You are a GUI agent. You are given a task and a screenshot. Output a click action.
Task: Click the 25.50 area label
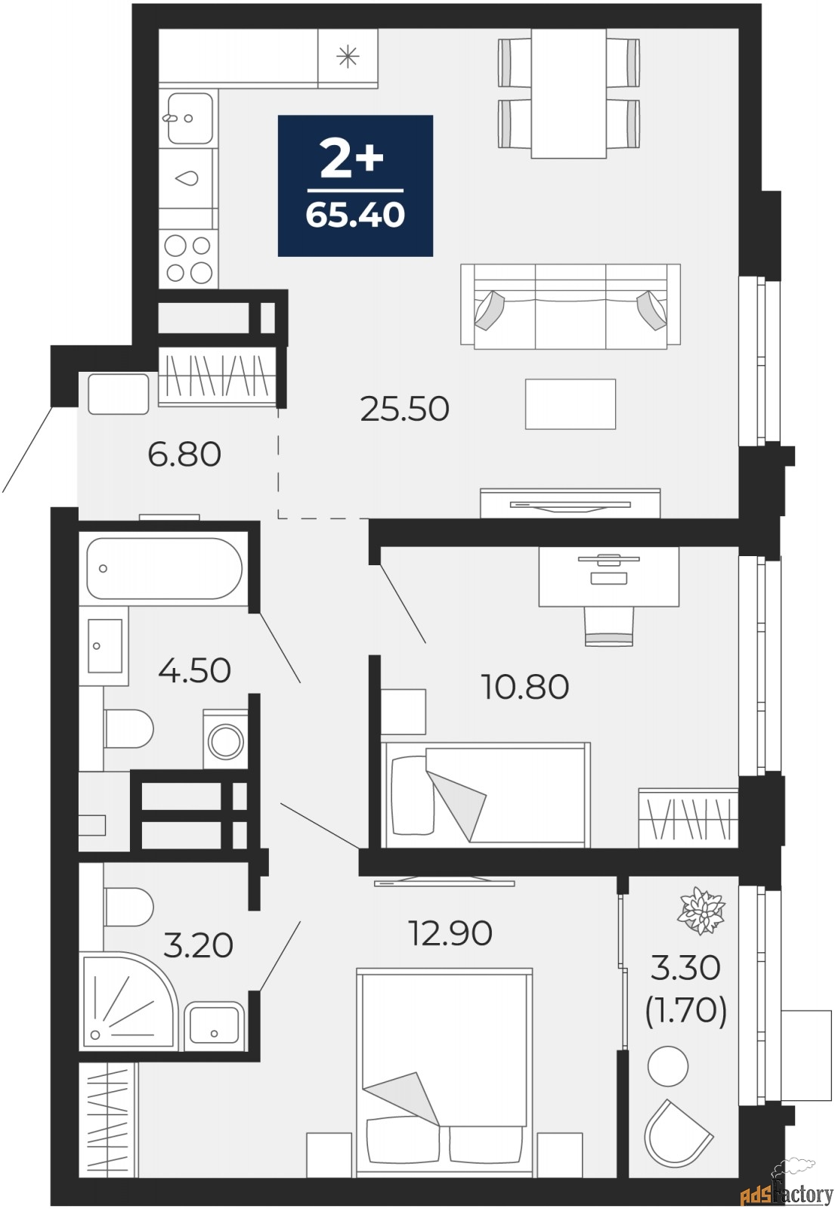click(x=404, y=409)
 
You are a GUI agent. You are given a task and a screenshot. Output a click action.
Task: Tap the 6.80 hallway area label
click(x=184, y=454)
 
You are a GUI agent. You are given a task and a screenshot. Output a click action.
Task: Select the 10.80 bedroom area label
click(x=524, y=687)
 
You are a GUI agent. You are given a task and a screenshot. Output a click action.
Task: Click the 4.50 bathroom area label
click(x=194, y=670)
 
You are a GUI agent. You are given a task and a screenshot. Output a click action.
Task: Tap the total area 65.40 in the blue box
click(x=355, y=215)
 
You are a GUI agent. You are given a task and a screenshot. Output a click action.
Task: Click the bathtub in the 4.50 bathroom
click(x=164, y=568)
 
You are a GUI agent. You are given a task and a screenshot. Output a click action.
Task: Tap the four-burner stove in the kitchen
click(x=188, y=258)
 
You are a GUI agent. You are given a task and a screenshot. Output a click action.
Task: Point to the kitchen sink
click(x=189, y=118)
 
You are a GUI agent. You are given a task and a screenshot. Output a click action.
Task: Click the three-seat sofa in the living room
click(x=570, y=306)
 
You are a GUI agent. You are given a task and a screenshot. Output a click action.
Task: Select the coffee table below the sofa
click(x=570, y=404)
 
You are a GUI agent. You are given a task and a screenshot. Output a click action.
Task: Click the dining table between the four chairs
click(x=568, y=93)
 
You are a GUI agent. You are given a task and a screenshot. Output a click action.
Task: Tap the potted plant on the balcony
click(x=702, y=911)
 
